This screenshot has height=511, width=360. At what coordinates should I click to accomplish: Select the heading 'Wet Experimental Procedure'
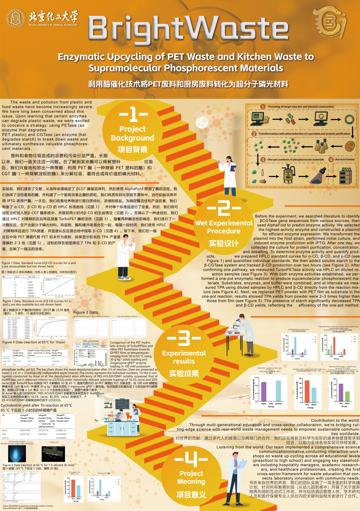[223, 227]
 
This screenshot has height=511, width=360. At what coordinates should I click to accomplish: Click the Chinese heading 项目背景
[132, 149]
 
